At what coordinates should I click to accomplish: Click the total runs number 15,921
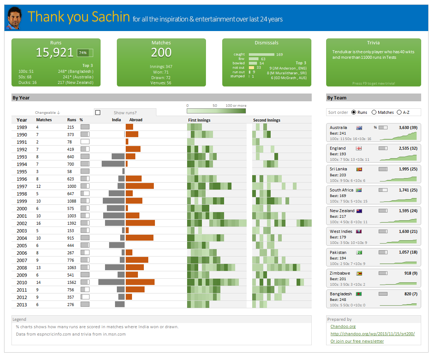click(55, 52)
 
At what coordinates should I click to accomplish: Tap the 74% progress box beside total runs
click(85, 53)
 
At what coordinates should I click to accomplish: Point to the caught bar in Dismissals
click(261, 54)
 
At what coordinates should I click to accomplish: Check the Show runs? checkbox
click(98, 113)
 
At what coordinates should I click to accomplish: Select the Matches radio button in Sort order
click(374, 112)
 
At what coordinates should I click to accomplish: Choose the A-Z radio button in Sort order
click(399, 112)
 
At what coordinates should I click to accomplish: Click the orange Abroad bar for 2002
click(140, 223)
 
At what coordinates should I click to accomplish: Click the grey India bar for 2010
click(111, 282)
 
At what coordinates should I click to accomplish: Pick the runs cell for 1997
click(72, 186)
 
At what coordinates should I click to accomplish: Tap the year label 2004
click(22, 238)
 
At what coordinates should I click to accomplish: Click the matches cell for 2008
click(38, 268)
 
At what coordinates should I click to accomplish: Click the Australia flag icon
click(359, 128)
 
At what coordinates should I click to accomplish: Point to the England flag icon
click(359, 148)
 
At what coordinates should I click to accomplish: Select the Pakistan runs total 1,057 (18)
click(408, 252)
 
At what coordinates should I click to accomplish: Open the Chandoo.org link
click(343, 326)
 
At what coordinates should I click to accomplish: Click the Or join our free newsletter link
click(357, 341)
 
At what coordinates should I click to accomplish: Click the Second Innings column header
click(267, 120)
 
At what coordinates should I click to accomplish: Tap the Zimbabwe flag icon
click(359, 274)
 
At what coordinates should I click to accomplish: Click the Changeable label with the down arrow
click(47, 112)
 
